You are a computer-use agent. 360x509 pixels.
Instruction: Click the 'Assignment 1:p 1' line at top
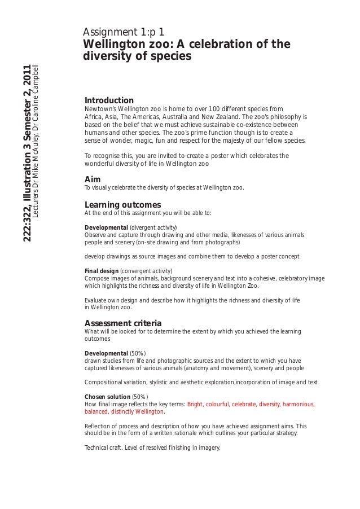[124, 32]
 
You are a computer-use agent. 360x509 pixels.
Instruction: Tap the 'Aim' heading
[92, 179]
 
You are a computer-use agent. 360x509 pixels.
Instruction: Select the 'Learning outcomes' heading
[122, 204]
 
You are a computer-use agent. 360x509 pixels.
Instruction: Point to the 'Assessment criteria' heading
[123, 323]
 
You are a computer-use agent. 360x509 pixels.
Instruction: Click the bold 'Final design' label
[102, 270]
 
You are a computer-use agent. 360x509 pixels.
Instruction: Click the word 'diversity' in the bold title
[107, 57]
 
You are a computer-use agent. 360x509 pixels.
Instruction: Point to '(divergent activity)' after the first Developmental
[153, 227]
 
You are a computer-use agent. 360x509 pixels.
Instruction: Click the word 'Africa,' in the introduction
[94, 117]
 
